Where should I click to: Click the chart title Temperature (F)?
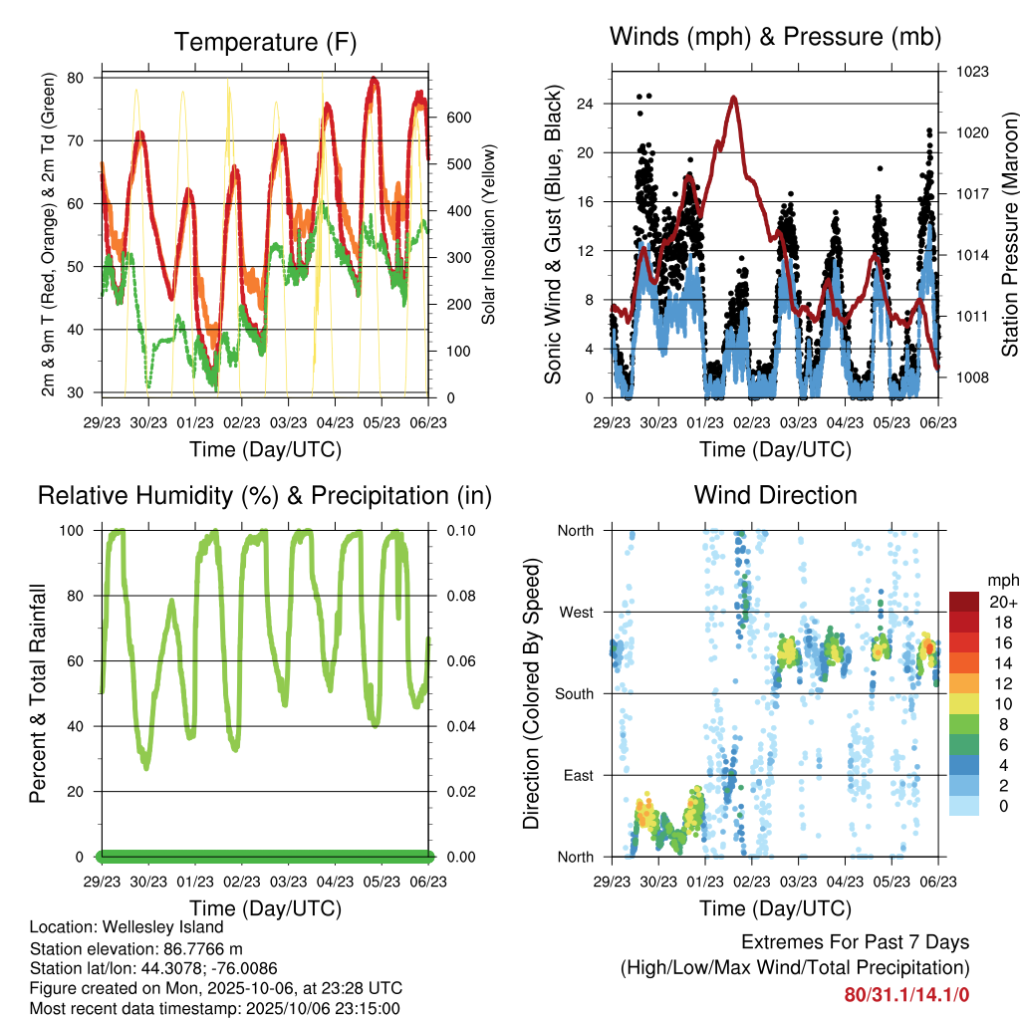pyautogui.click(x=265, y=42)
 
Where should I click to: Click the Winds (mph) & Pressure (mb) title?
pyautogui.click(x=775, y=37)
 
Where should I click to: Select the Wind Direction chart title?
pyautogui.click(x=775, y=494)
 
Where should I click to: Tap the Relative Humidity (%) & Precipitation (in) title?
pyautogui.click(x=265, y=495)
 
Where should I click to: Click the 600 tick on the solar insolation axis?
pyautogui.click(x=457, y=118)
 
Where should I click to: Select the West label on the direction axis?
pyautogui.click(x=576, y=612)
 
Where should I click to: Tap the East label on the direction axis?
pyautogui.click(x=578, y=775)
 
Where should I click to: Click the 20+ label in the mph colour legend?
pyautogui.click(x=1002, y=602)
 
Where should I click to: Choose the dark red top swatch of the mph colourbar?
pyautogui.click(x=963, y=602)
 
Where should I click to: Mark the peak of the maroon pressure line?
pyautogui.click(x=733, y=98)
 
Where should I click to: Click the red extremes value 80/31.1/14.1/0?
pyautogui.click(x=906, y=994)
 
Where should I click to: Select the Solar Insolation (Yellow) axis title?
pyautogui.click(x=488, y=234)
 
